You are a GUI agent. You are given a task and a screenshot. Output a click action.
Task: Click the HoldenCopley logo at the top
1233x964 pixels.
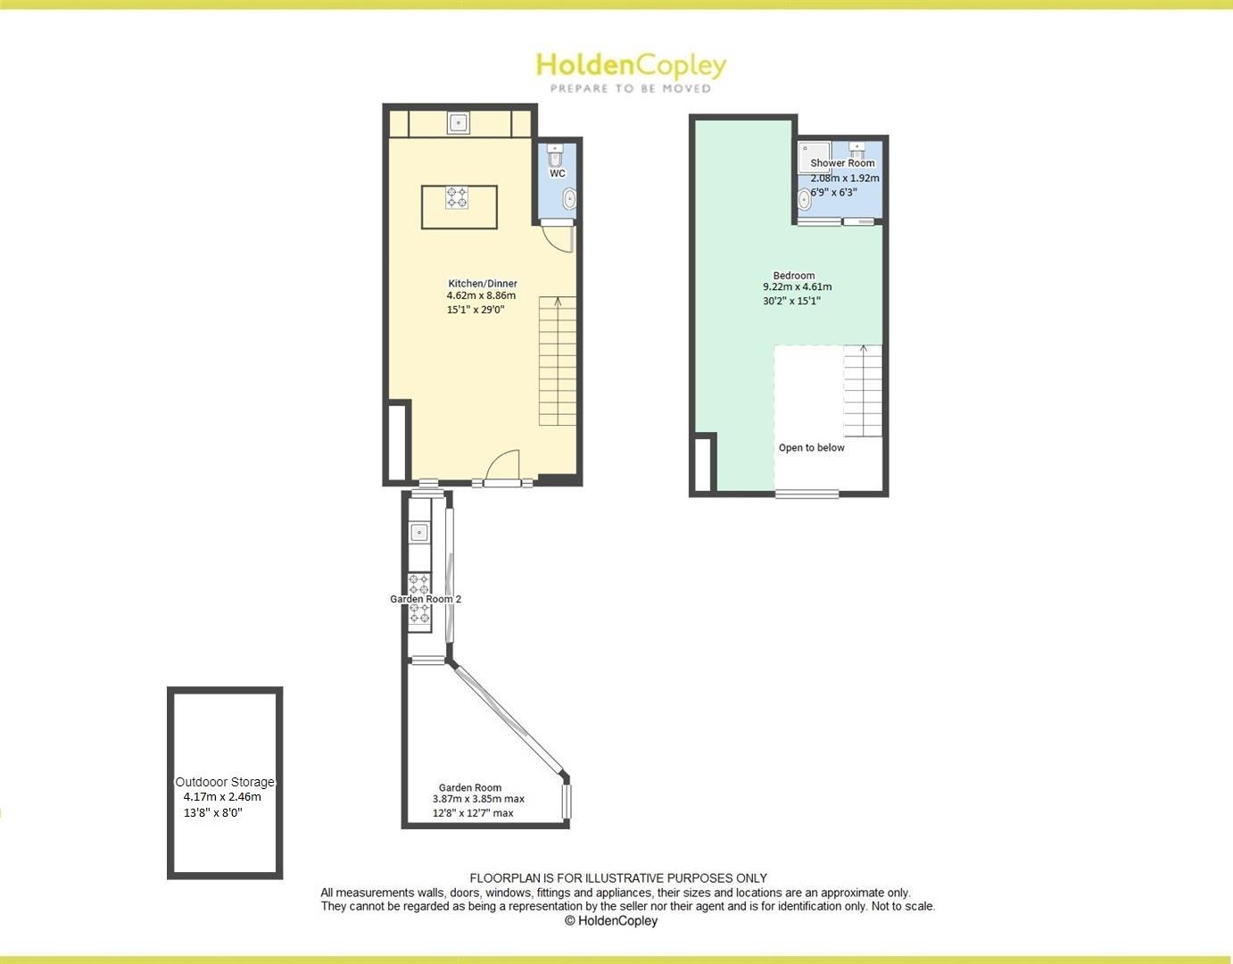tap(631, 65)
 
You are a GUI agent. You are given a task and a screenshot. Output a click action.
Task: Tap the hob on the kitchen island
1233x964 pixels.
tap(457, 197)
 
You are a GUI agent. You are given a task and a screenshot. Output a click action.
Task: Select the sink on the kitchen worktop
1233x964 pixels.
tap(459, 122)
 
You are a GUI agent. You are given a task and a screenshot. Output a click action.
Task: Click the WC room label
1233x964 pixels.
tap(558, 173)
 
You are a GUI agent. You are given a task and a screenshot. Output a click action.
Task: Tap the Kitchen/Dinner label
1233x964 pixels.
tap(483, 283)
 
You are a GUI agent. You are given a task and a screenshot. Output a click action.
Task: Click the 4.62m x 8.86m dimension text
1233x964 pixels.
tap(481, 295)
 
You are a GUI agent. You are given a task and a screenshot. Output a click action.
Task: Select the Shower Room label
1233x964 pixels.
tap(842, 163)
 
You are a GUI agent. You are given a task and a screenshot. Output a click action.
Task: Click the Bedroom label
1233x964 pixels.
tap(794, 275)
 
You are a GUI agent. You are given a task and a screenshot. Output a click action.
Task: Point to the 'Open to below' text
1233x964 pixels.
tap(811, 447)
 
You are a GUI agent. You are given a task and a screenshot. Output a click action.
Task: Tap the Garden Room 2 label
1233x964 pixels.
tap(426, 599)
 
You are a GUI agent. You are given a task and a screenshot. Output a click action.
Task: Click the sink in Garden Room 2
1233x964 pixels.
tap(419, 533)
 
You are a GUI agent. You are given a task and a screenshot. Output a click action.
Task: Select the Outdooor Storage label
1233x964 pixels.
tap(225, 782)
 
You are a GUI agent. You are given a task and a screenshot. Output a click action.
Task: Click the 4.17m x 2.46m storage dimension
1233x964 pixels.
tap(222, 796)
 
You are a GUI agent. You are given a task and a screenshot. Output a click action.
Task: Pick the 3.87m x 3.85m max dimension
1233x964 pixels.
tap(478, 799)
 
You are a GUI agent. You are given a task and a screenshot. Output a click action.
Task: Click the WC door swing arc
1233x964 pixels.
tap(554, 238)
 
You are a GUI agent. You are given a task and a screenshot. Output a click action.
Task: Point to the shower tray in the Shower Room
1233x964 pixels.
tap(814, 155)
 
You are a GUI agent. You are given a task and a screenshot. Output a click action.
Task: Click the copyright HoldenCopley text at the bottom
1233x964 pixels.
tap(611, 920)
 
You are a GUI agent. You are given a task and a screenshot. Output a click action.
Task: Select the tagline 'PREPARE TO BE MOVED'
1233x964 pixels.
tap(631, 88)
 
